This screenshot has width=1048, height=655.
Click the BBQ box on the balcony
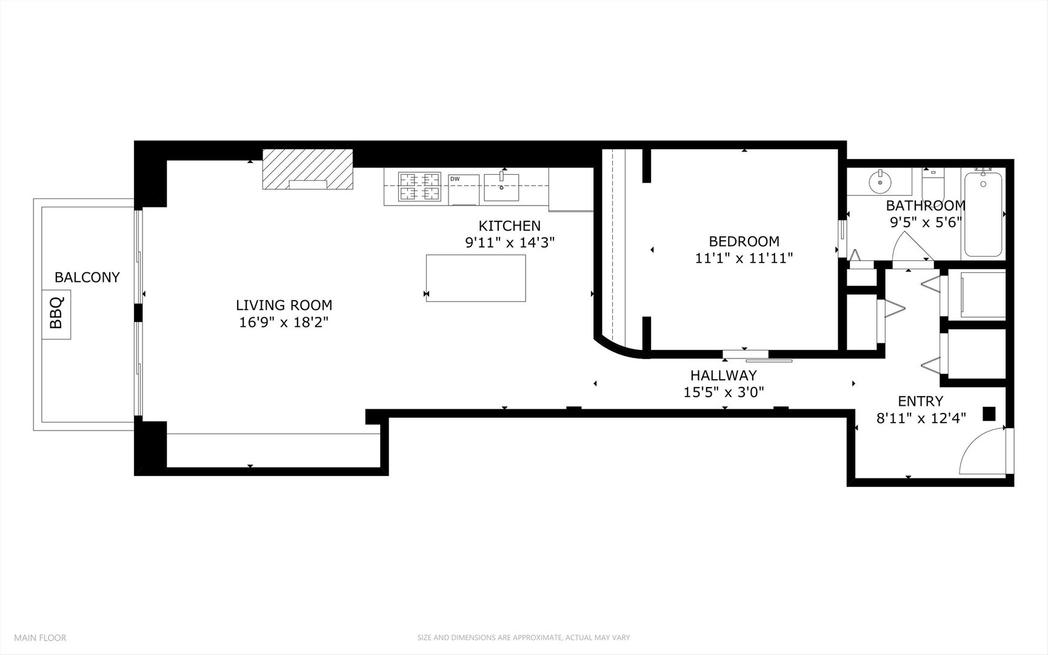(x=56, y=314)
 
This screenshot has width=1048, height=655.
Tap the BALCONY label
(x=87, y=277)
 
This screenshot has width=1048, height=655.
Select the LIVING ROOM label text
(x=284, y=305)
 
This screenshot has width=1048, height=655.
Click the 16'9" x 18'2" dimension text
(x=284, y=323)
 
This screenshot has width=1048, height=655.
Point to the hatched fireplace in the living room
(x=308, y=169)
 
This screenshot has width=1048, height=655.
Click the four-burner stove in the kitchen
(x=419, y=186)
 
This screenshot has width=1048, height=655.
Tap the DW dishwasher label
(x=455, y=179)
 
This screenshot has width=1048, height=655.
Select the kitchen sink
(x=501, y=187)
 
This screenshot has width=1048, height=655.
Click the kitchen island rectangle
(x=476, y=278)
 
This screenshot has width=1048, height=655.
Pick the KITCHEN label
(x=509, y=226)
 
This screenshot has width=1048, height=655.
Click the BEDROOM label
(x=744, y=241)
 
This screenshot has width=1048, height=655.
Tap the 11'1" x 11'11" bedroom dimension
(x=744, y=258)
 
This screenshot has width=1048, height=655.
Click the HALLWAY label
(x=724, y=375)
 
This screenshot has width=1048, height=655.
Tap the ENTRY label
(x=920, y=401)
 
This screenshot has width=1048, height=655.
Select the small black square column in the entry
(x=989, y=414)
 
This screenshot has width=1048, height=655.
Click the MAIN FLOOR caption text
(x=40, y=637)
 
